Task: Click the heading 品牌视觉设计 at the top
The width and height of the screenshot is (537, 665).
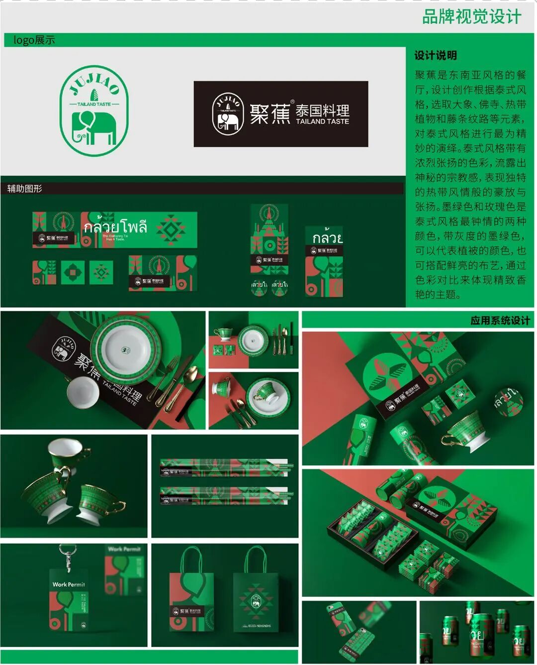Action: pyautogui.click(x=471, y=16)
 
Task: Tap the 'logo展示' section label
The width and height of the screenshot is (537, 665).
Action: pyautogui.click(x=34, y=40)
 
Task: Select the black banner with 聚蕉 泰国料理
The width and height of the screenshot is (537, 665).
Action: pyautogui.click(x=280, y=114)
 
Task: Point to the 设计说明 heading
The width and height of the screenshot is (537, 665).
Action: pyautogui.click(x=436, y=55)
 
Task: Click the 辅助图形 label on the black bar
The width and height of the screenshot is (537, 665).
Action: pyautogui.click(x=24, y=189)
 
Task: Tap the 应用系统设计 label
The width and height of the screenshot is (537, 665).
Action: pyautogui.click(x=500, y=321)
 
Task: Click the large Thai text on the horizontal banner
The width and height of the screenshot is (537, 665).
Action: pyautogui.click(x=115, y=227)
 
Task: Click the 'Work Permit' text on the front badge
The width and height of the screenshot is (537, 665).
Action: pyautogui.click(x=69, y=584)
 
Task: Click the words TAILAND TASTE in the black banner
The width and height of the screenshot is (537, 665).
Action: pyautogui.click(x=322, y=121)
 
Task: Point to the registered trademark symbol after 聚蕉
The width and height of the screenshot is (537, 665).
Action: pyautogui.click(x=292, y=102)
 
